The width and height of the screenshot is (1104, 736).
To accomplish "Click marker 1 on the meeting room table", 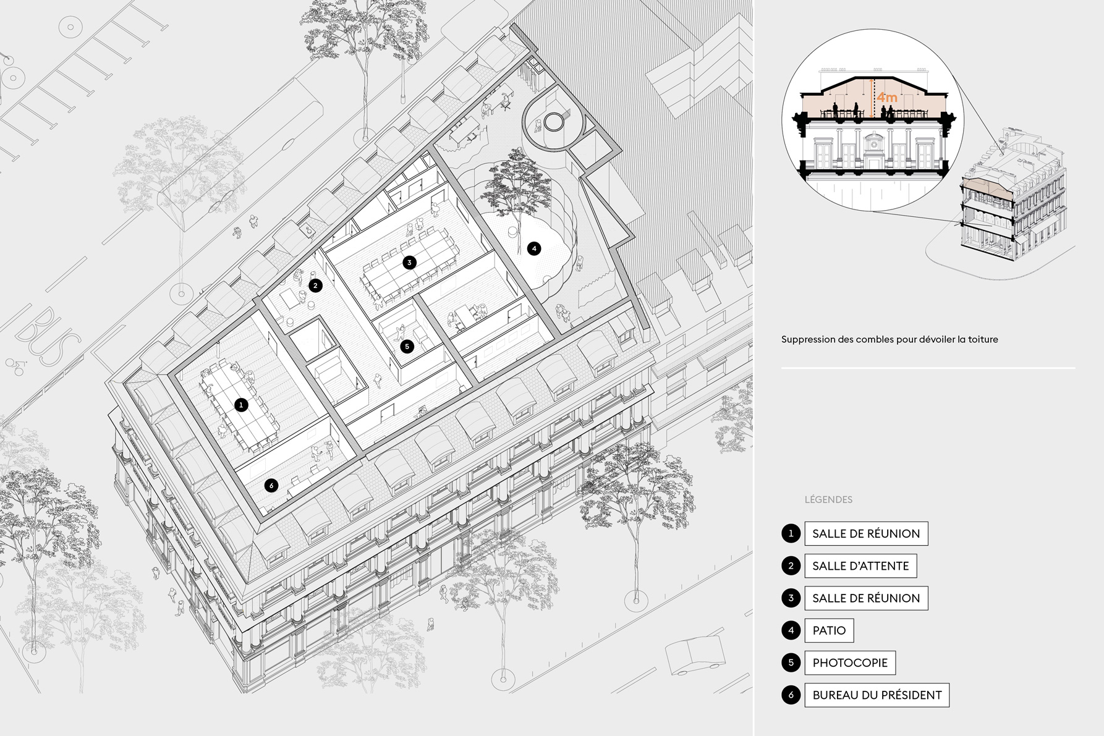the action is coord(241,405).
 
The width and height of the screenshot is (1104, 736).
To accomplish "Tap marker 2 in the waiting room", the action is coord(315,286).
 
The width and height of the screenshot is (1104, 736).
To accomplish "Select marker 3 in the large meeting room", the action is coord(409,263).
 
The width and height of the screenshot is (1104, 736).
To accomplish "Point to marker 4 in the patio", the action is coord(534,248).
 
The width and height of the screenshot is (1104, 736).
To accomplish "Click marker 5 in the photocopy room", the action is coord(407,346).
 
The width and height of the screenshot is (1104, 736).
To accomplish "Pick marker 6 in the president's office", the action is coord(271,486).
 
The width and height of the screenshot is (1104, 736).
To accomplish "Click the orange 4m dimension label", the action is coord(887,98).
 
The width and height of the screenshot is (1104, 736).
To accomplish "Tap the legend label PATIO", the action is coord(829,630).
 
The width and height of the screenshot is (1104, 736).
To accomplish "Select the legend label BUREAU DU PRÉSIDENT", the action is coord(877,695).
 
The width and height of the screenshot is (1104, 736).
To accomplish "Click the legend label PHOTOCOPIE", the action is coord(850,662).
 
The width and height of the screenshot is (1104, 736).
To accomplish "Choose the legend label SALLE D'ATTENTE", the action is coord(860,565).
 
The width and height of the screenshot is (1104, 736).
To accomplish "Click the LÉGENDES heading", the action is coord(828,499).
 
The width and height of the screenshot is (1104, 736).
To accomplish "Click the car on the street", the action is coord(695,655).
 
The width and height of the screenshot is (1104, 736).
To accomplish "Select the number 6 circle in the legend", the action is coord(791,695).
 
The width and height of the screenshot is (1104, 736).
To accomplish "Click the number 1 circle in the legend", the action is coord(791,533).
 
